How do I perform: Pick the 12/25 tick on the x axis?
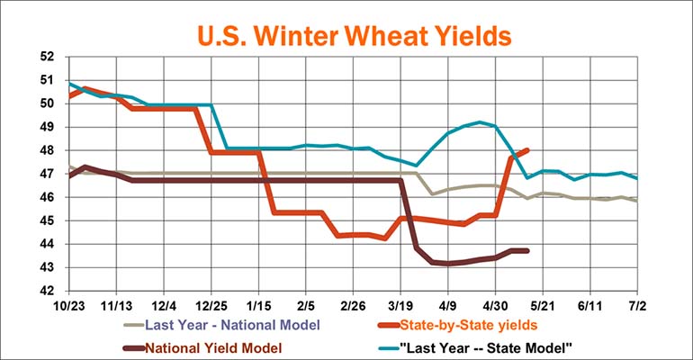point(210,305)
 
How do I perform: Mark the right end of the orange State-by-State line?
point(526,150)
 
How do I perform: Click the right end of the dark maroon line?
point(526,250)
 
